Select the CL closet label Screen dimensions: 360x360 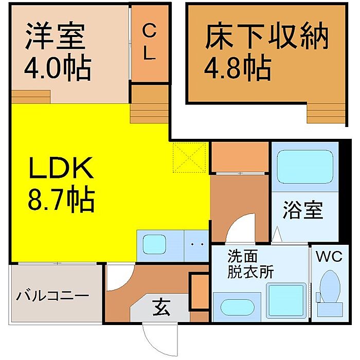[149, 43]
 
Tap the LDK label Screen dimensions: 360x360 [61, 169]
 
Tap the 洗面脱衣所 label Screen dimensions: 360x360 [251, 264]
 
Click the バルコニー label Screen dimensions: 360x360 [52, 297]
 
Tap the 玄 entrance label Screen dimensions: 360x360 [159, 309]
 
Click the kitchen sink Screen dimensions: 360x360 [154, 242]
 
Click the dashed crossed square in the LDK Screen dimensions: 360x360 [190, 158]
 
